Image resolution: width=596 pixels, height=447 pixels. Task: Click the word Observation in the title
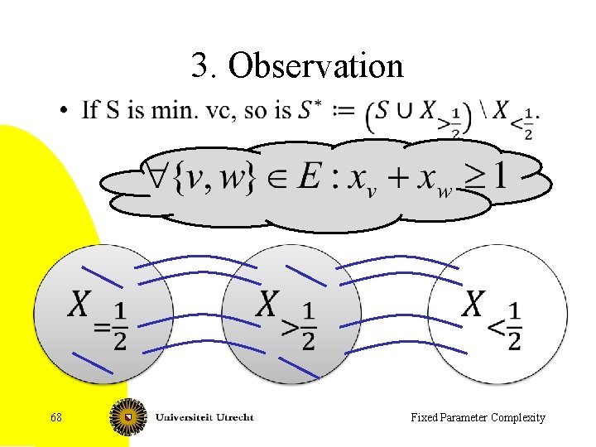[x=315, y=65]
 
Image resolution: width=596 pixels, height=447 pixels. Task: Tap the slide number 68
[x=55, y=417]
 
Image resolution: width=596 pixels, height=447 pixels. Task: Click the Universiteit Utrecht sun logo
[x=127, y=416]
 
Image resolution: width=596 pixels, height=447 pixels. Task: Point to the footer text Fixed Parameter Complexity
[x=478, y=417]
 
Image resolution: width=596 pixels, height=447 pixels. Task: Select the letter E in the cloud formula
[x=309, y=175]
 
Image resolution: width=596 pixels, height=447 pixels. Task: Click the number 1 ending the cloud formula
[x=499, y=175]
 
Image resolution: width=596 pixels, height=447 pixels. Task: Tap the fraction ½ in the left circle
[x=120, y=324]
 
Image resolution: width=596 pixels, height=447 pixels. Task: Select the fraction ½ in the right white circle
[x=514, y=324]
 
